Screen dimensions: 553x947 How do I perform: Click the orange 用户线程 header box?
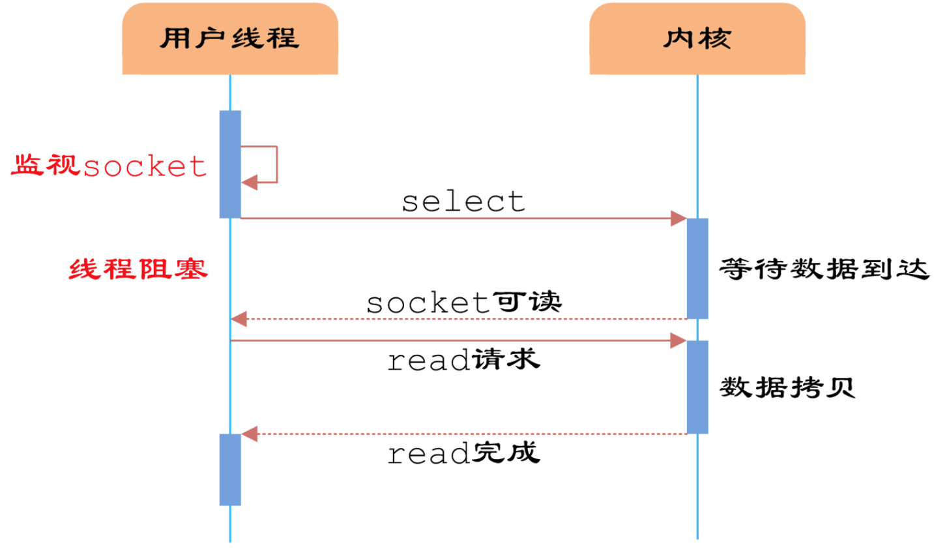click(229, 39)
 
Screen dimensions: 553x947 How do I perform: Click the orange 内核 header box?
click(697, 39)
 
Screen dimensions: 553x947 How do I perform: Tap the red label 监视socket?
click(109, 166)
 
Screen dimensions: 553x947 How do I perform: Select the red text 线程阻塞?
click(138, 269)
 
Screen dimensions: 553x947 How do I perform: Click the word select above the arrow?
click(463, 202)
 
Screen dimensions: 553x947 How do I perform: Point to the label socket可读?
click(463, 303)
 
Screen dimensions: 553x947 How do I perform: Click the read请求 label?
click(463, 359)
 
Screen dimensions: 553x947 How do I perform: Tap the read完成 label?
click(463, 453)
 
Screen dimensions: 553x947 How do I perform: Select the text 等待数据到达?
click(823, 269)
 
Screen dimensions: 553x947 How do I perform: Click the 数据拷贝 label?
click(787, 387)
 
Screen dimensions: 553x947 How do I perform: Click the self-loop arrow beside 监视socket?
click(276, 164)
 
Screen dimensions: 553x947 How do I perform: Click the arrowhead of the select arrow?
click(678, 218)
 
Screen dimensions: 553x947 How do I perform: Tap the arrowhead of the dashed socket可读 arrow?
click(239, 319)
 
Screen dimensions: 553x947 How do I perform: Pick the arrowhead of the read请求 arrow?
click(678, 340)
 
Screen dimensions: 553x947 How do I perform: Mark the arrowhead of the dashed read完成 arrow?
click(250, 434)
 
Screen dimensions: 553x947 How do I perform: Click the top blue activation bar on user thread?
click(230, 164)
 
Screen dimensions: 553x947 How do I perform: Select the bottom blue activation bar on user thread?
click(230, 470)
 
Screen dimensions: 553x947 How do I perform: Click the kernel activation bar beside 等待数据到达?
click(697, 268)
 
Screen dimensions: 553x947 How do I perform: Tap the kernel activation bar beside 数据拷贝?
click(697, 387)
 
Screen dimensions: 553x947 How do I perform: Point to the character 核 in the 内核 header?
click(715, 39)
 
